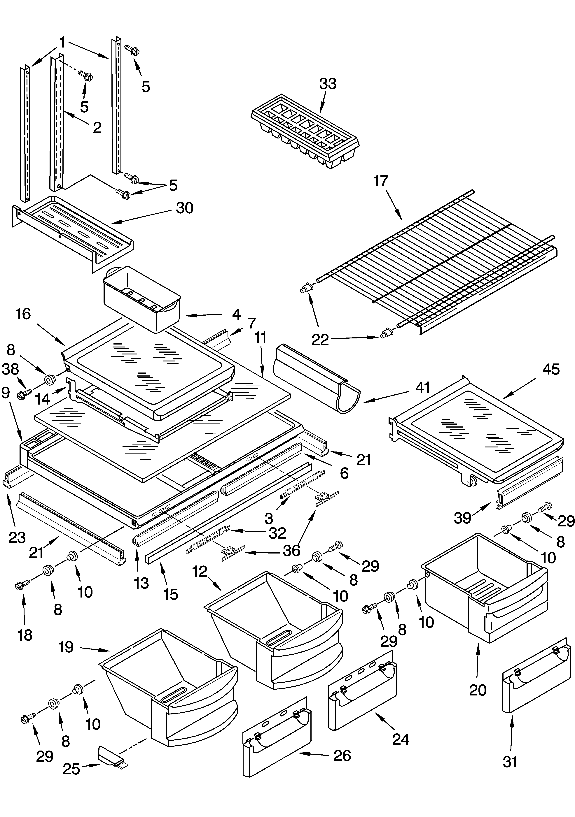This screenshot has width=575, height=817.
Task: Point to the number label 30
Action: pos(184,208)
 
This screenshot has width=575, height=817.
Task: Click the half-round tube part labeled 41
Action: pos(317,378)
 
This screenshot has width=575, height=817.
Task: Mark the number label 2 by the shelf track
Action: pos(97,128)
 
